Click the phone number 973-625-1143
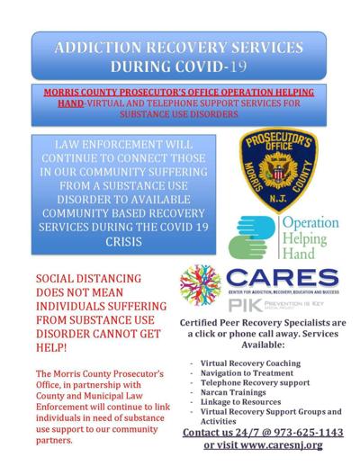tap(302, 432)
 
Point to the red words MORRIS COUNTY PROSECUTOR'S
tap(126, 94)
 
